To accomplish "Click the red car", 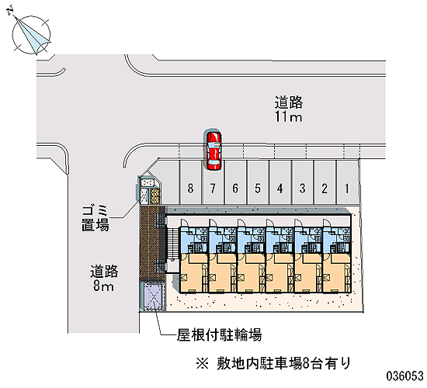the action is [x=213, y=151].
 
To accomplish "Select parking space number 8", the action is [x=191, y=182].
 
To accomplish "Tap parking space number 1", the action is [x=347, y=182].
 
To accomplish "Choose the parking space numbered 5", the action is [x=258, y=182].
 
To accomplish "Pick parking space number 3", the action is [x=303, y=182].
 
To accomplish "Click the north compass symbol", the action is [x=31, y=33].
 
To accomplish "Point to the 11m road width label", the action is [x=288, y=109].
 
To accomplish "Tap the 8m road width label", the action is [x=103, y=279].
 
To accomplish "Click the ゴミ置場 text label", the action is [x=95, y=219].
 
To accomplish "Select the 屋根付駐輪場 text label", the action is [x=219, y=334].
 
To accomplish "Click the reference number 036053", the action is [x=404, y=376].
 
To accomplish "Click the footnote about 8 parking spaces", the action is [x=273, y=363].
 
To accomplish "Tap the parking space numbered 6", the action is [x=235, y=182].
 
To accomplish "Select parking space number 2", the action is [x=325, y=182].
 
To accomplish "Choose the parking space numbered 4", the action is [x=280, y=182].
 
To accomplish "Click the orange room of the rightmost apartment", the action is [x=337, y=273].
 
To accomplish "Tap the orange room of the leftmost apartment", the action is [x=193, y=273].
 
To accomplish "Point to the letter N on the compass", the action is [x=11, y=11].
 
